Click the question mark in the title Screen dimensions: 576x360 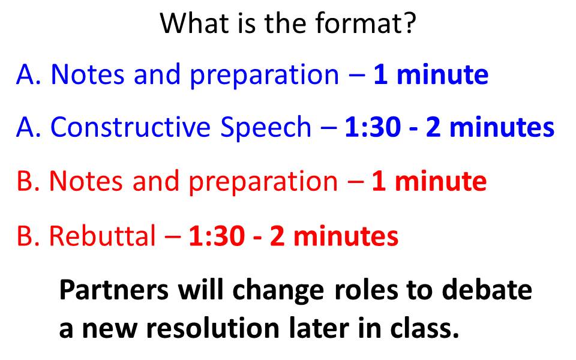[409, 23]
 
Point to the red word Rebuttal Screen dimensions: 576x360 [103, 235]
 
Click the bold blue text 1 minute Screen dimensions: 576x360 [431, 74]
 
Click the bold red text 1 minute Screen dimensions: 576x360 [429, 181]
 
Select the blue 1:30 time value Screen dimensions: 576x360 [373, 127]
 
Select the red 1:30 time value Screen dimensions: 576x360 [217, 236]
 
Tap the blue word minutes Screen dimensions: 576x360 [502, 127]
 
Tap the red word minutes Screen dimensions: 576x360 [346, 235]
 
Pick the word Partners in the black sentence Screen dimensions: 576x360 [114, 290]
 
